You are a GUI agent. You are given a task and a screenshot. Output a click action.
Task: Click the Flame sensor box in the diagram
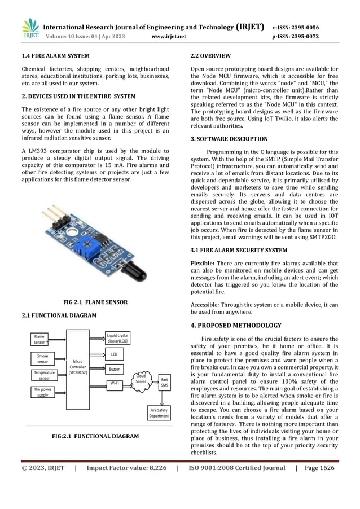39,340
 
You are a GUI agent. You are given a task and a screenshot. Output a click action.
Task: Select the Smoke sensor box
42,359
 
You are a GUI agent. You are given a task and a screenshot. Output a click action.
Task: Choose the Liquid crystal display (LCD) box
118,339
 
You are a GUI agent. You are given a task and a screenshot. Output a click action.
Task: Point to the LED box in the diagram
114,354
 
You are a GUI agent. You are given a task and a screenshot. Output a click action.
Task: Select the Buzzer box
114,370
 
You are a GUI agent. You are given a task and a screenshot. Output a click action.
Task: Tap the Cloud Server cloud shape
141,379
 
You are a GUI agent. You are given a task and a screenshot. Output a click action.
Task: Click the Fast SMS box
164,383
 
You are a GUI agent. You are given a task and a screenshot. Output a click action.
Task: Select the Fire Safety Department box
159,413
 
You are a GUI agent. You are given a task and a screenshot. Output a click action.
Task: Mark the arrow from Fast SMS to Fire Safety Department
164,398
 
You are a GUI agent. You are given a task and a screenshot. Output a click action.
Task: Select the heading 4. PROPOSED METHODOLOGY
235,326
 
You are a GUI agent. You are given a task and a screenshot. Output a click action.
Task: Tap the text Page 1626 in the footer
319,468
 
